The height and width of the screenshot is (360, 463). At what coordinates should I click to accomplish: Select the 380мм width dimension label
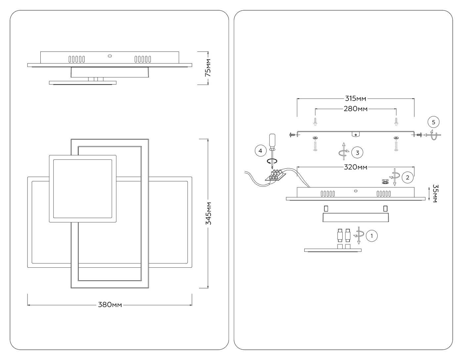110,305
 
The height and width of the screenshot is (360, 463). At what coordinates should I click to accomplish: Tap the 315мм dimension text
356,99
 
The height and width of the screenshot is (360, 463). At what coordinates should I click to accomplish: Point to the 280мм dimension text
356,109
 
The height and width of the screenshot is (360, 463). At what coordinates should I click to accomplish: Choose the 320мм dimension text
356,167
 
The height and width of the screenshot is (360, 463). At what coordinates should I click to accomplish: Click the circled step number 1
372,236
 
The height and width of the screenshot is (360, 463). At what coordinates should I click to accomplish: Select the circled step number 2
407,178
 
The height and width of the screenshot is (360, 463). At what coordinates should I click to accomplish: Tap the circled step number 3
358,153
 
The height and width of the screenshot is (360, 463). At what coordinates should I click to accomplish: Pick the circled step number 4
260,151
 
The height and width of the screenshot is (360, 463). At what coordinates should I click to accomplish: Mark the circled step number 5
433,122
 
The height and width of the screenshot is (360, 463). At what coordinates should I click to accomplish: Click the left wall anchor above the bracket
315,121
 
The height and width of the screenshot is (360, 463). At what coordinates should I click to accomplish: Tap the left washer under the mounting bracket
315,137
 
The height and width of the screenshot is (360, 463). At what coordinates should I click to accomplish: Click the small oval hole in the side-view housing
109,56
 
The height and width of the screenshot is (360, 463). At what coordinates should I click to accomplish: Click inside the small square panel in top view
83,189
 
